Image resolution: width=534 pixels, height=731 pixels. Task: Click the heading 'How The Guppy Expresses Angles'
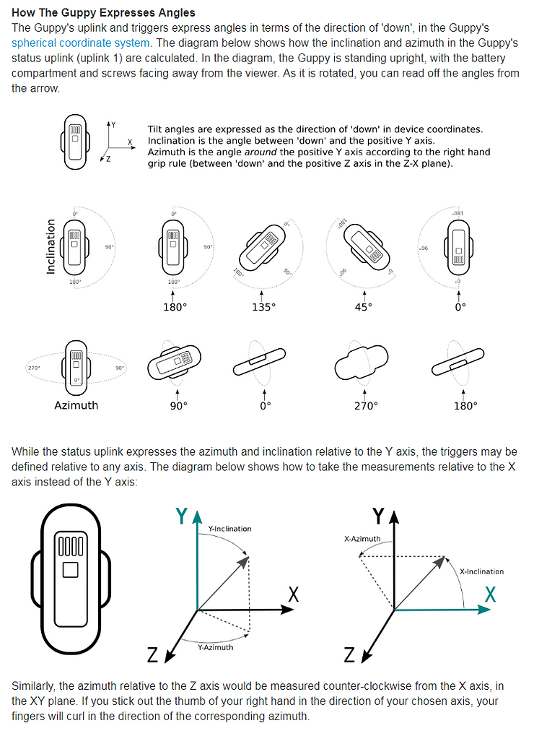click(103, 12)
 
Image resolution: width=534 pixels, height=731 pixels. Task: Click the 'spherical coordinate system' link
click(81, 43)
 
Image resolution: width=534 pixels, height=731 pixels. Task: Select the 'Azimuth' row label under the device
click(76, 405)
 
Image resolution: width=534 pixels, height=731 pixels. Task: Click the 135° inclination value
click(264, 306)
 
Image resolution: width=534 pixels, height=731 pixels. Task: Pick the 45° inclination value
click(364, 306)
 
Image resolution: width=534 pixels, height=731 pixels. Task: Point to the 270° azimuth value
click(365, 405)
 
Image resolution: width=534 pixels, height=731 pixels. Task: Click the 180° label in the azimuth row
click(465, 405)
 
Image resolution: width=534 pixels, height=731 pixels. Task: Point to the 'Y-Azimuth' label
click(215, 647)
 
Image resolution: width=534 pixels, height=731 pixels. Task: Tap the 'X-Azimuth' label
click(362, 539)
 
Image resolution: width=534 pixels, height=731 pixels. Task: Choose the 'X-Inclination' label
click(481, 571)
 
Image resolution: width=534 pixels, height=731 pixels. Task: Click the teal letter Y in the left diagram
click(183, 516)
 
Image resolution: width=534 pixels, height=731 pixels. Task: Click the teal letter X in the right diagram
click(491, 594)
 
